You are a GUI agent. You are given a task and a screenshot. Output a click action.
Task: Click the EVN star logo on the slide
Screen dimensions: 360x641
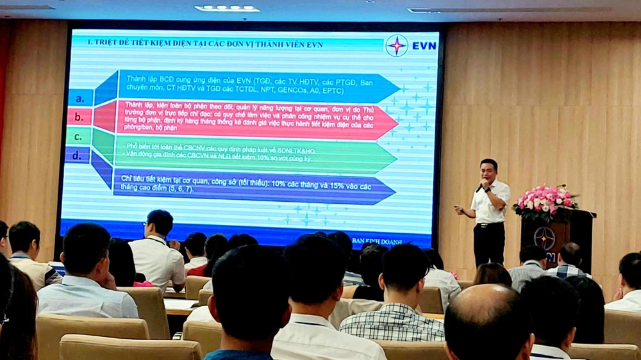pyautogui.click(x=397, y=45)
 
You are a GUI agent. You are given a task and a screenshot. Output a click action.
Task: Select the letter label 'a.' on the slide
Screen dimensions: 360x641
pyautogui.click(x=80, y=99)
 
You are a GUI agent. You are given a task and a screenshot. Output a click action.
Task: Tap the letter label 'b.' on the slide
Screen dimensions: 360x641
pyautogui.click(x=79, y=117)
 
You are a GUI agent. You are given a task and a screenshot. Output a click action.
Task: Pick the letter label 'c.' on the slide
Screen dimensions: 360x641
pyautogui.click(x=78, y=136)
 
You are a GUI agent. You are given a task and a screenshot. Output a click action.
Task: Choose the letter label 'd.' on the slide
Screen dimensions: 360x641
pyautogui.click(x=78, y=155)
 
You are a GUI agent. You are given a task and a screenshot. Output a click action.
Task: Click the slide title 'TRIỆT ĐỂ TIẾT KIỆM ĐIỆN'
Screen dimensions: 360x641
pyautogui.click(x=205, y=44)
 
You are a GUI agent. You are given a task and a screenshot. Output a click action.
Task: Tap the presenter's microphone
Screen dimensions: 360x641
pyautogui.click(x=479, y=186)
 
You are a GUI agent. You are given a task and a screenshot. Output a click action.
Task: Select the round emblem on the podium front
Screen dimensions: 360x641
pyautogui.click(x=544, y=238)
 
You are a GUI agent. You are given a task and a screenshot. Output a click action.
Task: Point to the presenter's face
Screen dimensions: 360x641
pyautogui.click(x=488, y=172)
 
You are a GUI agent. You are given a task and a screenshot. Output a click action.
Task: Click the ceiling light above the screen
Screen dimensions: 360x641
pyautogui.click(x=227, y=8)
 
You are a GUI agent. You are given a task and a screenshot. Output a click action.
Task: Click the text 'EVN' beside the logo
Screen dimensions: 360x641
pyautogui.click(x=424, y=46)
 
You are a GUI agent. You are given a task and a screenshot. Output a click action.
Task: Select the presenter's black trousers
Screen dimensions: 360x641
pyautogui.click(x=489, y=243)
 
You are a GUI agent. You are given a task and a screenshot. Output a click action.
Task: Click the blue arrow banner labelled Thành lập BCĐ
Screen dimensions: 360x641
pyautogui.click(x=256, y=87)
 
